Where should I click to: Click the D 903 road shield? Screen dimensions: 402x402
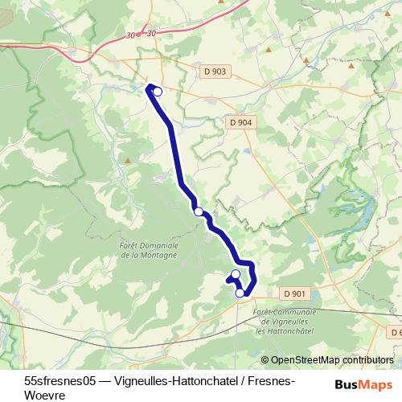[215, 72]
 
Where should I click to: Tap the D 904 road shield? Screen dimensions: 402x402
[240, 122]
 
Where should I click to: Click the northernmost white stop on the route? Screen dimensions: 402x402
[158, 92]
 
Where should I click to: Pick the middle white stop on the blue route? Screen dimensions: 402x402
[199, 211]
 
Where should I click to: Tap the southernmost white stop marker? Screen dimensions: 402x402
[240, 293]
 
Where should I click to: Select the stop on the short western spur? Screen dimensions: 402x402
[236, 275]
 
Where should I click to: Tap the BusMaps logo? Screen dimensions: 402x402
[363, 384]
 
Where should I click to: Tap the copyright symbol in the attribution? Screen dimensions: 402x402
[265, 360]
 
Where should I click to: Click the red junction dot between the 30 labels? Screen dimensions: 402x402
[138, 35]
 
